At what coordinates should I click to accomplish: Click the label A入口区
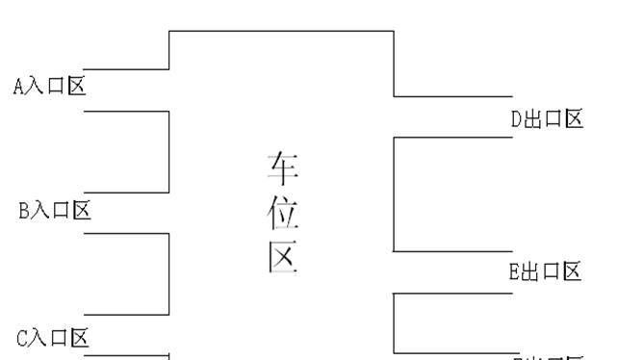[50, 87]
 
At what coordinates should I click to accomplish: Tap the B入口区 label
[55, 210]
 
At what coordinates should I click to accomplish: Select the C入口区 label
[53, 338]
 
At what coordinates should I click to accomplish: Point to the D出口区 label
[547, 119]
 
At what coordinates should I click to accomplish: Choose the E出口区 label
[546, 271]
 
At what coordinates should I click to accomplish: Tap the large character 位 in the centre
[282, 214]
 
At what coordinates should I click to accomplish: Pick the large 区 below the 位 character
[282, 257]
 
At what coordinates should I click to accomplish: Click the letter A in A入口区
[19, 87]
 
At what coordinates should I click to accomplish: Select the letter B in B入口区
[24, 211]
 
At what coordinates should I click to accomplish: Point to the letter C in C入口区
[22, 338]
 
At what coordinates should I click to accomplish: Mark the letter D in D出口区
[516, 119]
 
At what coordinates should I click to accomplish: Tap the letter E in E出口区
[515, 271]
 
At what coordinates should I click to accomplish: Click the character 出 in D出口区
[532, 119]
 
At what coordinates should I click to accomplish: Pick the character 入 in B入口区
[41, 210]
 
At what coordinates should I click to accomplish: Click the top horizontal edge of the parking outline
[281, 31]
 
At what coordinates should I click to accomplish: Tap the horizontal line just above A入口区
[126, 69]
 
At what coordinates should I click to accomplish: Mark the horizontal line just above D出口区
[452, 96]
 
